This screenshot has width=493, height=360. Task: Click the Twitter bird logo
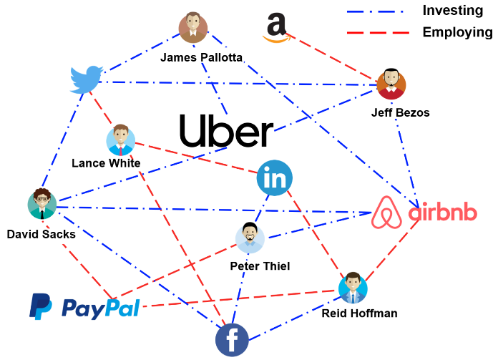(86, 79)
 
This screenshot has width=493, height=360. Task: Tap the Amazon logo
(275, 27)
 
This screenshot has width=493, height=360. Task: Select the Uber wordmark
(226, 132)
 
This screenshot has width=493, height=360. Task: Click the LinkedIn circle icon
(275, 178)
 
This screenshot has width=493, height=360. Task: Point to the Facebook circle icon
(232, 339)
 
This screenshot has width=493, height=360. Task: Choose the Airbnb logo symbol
(389, 213)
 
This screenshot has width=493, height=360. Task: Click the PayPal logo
(84, 307)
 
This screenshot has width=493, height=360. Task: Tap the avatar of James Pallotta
(192, 29)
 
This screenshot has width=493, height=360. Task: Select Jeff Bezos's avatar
(391, 84)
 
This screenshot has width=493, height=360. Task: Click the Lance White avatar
(120, 141)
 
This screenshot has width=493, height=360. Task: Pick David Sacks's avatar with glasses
(42, 204)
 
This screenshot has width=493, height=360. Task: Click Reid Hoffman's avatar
(353, 287)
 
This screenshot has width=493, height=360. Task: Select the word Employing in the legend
(457, 32)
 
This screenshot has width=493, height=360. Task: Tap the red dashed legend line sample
(377, 32)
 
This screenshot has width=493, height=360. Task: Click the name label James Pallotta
(202, 57)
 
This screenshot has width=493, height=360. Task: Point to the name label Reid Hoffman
(359, 313)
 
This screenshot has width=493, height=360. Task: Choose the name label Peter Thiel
(260, 266)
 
